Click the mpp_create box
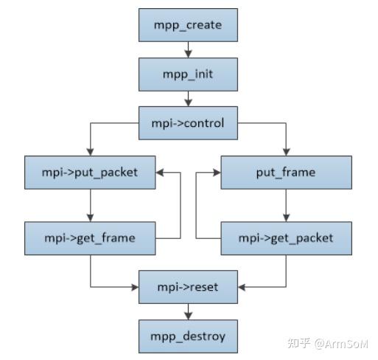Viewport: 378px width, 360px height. [189, 26]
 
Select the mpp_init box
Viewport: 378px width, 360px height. [189, 75]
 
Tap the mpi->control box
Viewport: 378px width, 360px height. [189, 123]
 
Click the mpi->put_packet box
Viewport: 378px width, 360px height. [90, 173]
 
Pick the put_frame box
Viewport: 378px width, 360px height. [287, 173]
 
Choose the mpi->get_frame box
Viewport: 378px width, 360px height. [90, 238]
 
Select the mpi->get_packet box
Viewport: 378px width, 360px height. [287, 238]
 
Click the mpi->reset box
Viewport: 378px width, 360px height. [189, 286]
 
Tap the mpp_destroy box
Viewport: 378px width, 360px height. [189, 336]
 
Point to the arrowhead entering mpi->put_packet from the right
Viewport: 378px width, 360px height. [161, 173]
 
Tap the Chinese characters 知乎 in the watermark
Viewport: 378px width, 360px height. [298, 343]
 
